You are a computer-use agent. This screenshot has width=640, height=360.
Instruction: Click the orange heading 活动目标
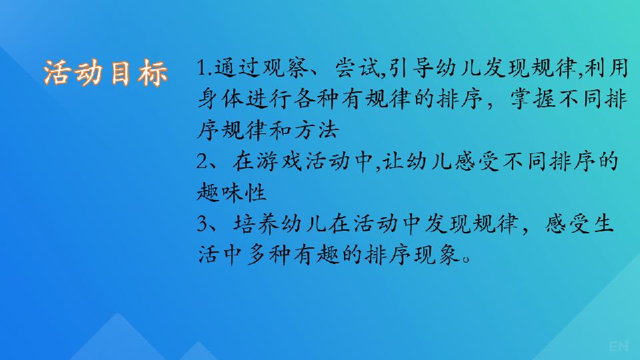(106, 73)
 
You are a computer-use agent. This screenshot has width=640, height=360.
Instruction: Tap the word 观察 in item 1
(286, 68)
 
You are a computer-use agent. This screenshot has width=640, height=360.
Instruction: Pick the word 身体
(221, 99)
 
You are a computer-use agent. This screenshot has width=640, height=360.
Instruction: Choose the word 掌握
(533, 99)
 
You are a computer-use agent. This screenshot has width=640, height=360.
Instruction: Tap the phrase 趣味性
(232, 192)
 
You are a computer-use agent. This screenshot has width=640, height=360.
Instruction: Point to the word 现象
(437, 255)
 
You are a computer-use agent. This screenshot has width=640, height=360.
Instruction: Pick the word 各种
(317, 99)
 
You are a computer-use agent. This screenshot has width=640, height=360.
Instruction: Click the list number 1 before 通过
(201, 68)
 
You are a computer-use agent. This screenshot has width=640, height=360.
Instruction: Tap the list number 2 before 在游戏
(203, 161)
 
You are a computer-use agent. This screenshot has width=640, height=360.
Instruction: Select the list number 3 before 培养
(203, 224)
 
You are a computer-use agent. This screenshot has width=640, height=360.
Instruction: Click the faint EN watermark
(619, 347)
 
